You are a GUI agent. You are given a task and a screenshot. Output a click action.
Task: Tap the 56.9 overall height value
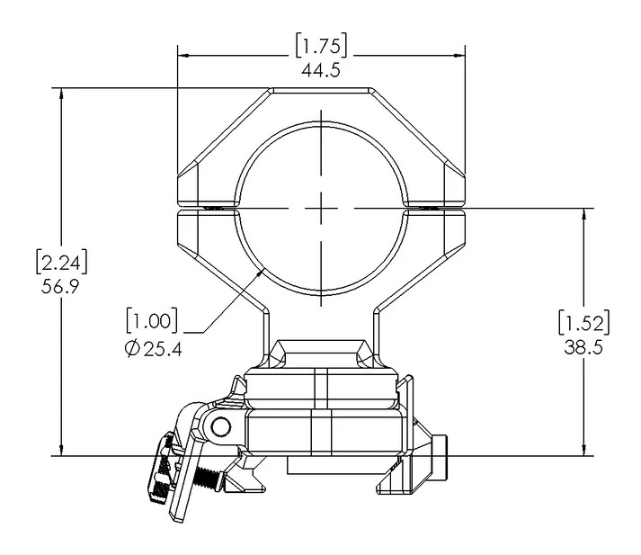tap(60, 286)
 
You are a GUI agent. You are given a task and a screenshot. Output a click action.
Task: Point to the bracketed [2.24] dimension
tap(60, 263)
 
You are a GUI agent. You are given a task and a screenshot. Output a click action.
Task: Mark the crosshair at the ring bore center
tap(321, 206)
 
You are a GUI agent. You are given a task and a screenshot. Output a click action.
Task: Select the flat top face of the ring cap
tap(321, 89)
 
